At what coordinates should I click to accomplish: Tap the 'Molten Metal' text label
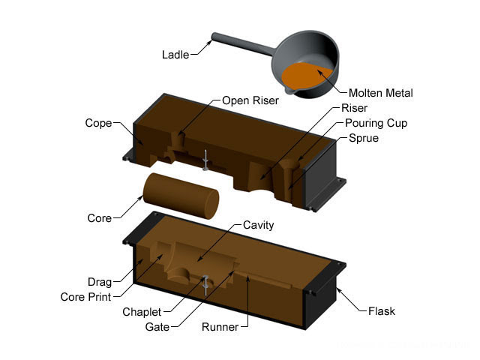[381, 93]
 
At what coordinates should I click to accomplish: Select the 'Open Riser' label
[250, 101]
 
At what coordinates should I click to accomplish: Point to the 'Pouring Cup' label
[376, 123]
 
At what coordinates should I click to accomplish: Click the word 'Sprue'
[364, 139]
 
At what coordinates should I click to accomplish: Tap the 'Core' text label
[99, 218]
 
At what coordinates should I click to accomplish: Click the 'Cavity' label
[259, 225]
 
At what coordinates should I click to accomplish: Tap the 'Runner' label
[220, 327]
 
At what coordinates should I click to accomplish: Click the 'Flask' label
[382, 310]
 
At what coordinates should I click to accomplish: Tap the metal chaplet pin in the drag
[205, 283]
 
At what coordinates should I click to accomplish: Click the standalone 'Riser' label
[354, 108]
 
